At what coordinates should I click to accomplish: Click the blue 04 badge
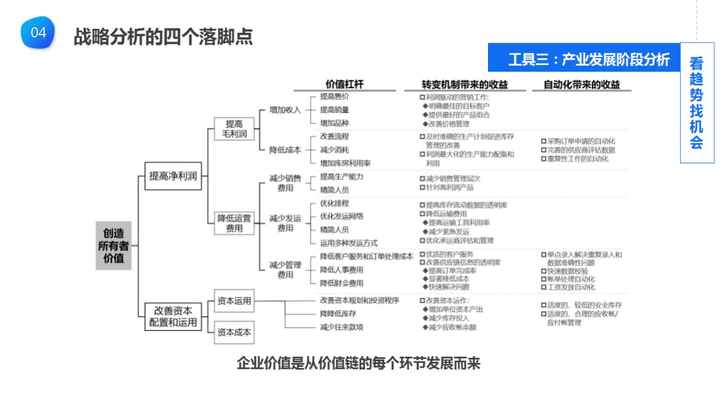38,32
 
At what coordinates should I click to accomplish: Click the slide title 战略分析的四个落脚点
163,36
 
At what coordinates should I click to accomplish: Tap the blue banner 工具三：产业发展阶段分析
588,60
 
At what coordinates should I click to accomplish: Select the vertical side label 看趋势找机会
696,103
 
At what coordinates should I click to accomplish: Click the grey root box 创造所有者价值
113,245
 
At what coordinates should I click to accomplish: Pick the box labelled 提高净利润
173,177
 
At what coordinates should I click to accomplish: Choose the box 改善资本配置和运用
173,317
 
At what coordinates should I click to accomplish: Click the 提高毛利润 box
234,129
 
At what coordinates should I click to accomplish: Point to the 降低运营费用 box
234,223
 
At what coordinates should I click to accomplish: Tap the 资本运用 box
234,301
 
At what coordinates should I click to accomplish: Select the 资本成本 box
234,332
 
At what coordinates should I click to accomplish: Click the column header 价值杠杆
344,85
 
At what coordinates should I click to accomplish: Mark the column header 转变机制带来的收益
464,85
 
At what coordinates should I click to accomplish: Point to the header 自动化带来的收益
581,85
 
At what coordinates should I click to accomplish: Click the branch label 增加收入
285,110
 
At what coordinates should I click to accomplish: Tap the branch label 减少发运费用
285,223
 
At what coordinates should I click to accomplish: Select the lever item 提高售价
334,97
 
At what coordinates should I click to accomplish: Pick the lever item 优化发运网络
341,216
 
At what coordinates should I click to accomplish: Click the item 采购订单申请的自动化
580,141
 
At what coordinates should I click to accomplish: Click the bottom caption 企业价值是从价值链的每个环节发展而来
359,363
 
